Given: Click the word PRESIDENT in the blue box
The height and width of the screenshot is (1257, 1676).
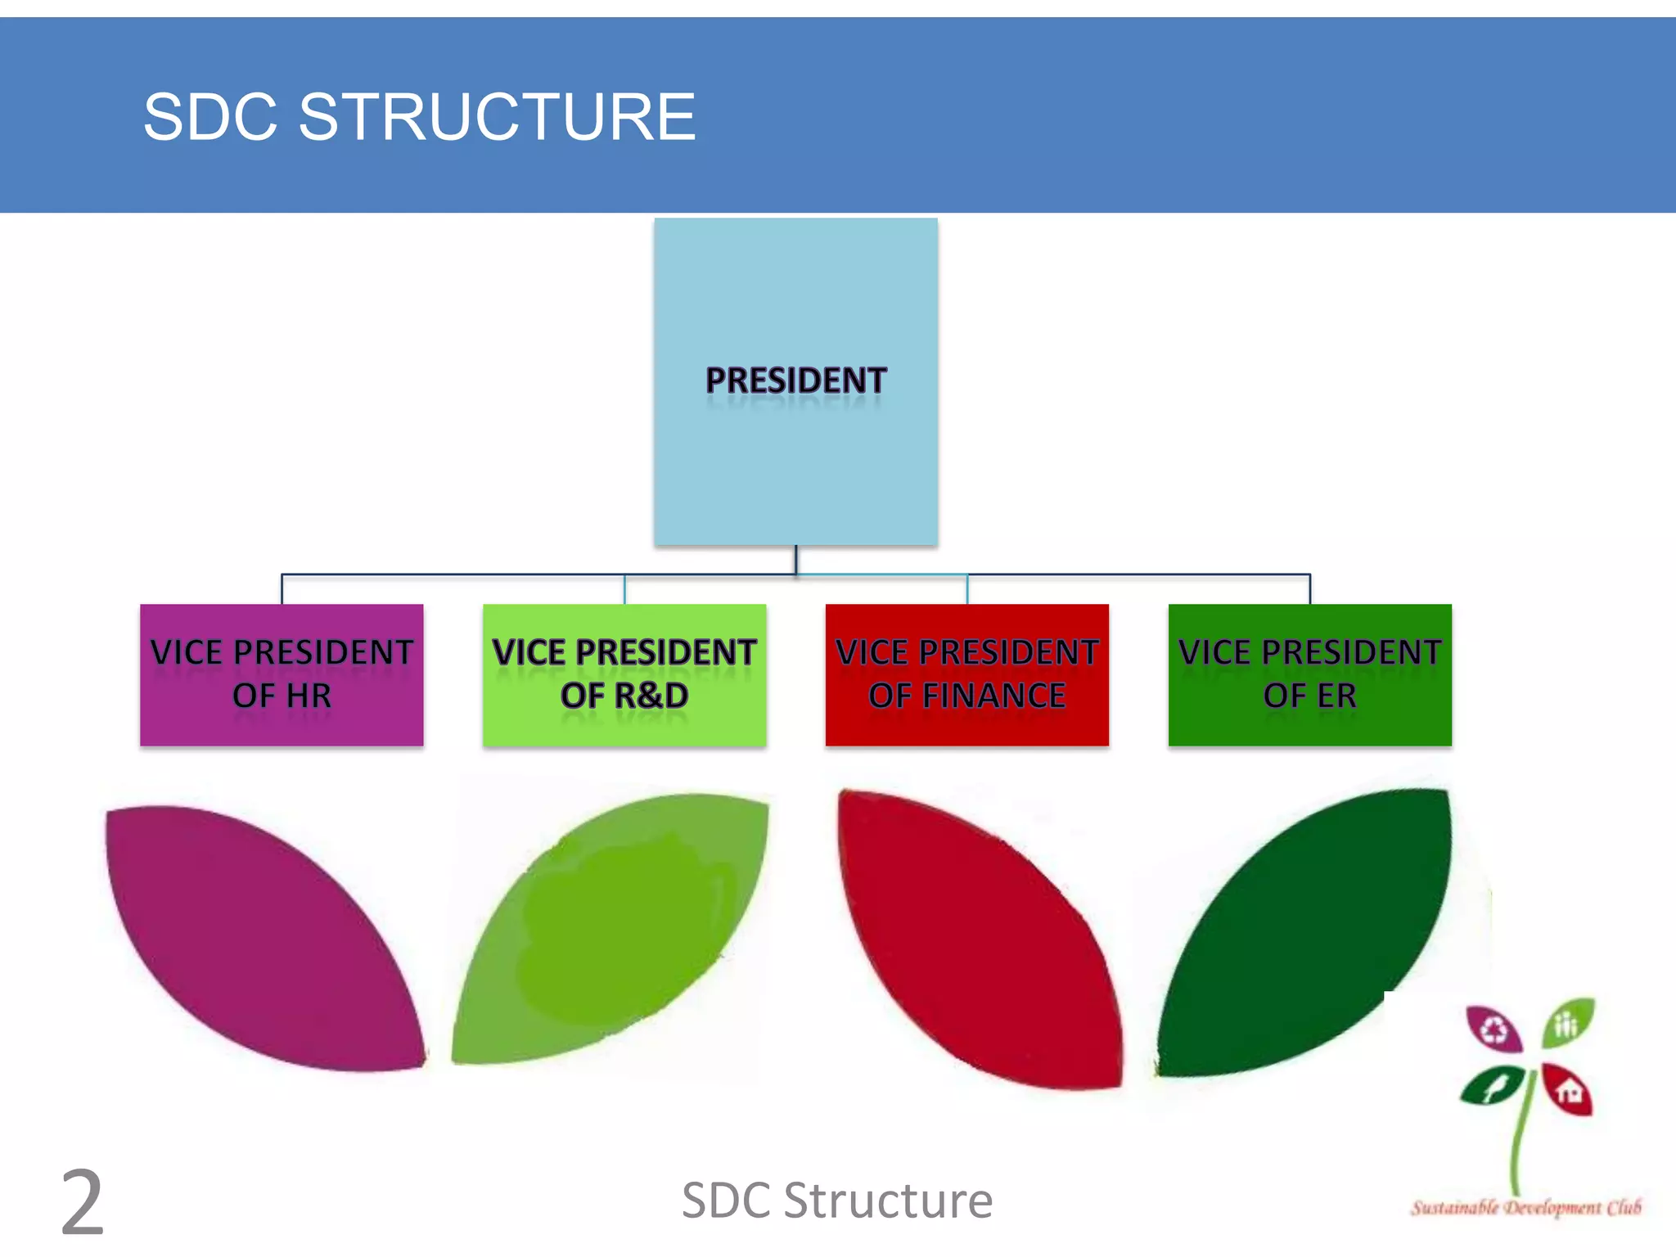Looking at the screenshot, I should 795,381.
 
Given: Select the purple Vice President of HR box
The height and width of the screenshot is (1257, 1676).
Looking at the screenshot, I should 282,674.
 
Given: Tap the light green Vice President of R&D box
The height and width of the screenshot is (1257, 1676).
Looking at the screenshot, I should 624,674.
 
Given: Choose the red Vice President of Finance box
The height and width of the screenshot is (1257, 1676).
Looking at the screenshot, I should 966,674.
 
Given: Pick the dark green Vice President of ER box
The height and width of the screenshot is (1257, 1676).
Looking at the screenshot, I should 1309,674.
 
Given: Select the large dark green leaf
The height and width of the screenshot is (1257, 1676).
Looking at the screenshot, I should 1309,933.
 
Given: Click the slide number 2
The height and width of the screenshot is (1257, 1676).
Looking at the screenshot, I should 83,1203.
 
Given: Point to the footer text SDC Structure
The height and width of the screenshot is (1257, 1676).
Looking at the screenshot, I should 837,1201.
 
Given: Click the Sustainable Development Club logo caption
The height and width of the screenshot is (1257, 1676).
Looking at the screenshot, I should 1525,1208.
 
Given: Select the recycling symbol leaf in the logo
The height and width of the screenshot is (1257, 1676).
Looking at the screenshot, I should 1494,1029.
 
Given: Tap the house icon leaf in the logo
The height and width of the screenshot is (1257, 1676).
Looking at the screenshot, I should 1568,1091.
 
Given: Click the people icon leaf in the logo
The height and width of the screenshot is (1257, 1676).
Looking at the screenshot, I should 1567,1023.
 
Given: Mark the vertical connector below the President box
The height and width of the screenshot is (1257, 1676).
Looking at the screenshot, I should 795,561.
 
